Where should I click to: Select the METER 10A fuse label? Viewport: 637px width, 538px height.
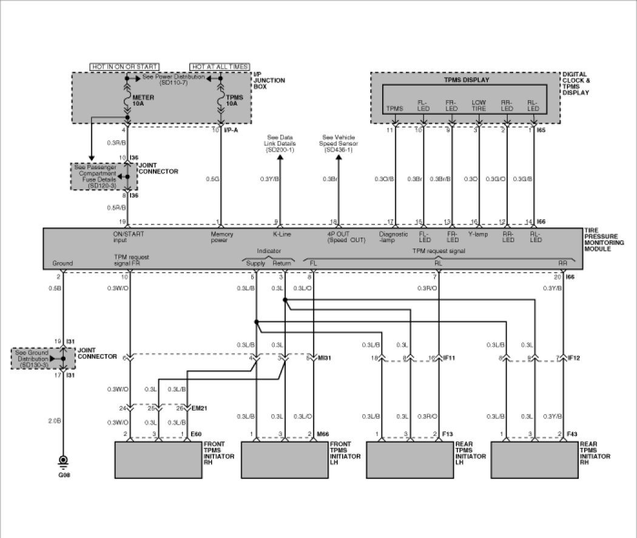click(x=143, y=101)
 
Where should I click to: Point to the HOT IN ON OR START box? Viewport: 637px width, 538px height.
click(x=124, y=66)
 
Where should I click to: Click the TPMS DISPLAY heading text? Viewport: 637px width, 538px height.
click(x=467, y=80)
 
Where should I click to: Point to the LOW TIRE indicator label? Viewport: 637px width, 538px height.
click(x=479, y=106)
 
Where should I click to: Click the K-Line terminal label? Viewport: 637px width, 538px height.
click(x=279, y=233)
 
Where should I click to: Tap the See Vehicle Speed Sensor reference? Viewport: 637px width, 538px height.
click(x=339, y=143)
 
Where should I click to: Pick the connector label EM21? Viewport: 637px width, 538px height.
click(x=199, y=407)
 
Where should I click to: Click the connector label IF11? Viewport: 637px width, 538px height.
click(x=448, y=358)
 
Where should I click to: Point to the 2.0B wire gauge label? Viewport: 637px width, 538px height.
click(x=54, y=420)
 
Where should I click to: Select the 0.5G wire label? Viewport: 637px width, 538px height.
click(x=212, y=179)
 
